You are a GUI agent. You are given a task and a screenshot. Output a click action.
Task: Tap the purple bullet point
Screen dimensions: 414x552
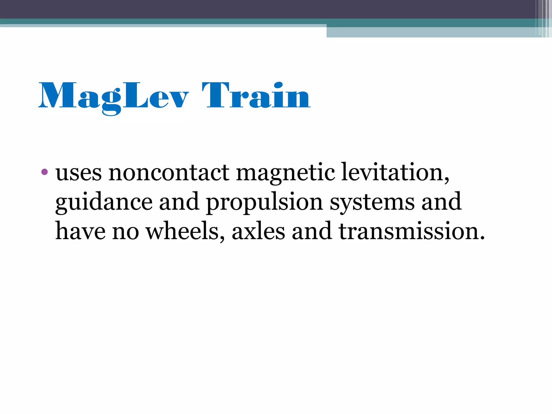pyautogui.click(x=44, y=171)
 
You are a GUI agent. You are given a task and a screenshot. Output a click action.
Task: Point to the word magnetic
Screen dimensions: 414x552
pyautogui.click(x=285, y=173)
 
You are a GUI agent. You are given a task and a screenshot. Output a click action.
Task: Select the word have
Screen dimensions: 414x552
pyautogui.click(x=80, y=231)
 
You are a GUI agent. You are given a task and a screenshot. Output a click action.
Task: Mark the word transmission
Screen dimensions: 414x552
pyautogui.click(x=412, y=231)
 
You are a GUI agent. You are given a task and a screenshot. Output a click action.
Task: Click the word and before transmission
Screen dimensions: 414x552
pyautogui.click(x=312, y=231)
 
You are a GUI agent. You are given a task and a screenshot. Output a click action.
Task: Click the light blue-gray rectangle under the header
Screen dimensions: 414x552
pyautogui.click(x=431, y=32)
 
